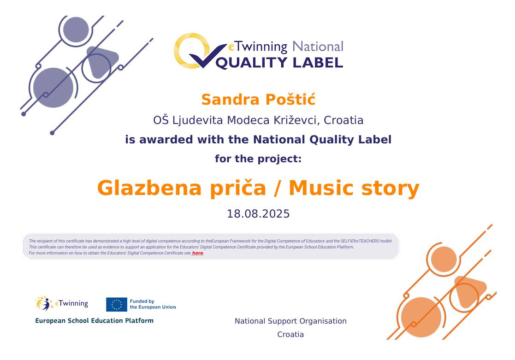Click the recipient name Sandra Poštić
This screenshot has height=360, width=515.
(x=258, y=99)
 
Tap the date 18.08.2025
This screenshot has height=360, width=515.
(x=258, y=214)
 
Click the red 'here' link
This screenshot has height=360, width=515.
(x=197, y=253)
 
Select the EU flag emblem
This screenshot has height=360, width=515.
(x=117, y=305)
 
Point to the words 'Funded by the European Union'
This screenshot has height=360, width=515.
(x=153, y=304)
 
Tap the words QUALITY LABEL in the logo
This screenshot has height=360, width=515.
(x=279, y=62)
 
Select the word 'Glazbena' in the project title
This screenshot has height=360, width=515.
(x=149, y=188)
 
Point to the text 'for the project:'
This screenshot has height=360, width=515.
(x=258, y=159)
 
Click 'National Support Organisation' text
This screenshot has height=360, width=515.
(x=290, y=321)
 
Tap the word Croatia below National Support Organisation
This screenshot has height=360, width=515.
(x=290, y=334)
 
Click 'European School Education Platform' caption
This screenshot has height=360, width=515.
(x=94, y=320)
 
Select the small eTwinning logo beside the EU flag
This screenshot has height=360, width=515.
(x=62, y=303)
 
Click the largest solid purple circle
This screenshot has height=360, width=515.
(x=53, y=88)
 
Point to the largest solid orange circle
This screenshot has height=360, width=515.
(x=421, y=317)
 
